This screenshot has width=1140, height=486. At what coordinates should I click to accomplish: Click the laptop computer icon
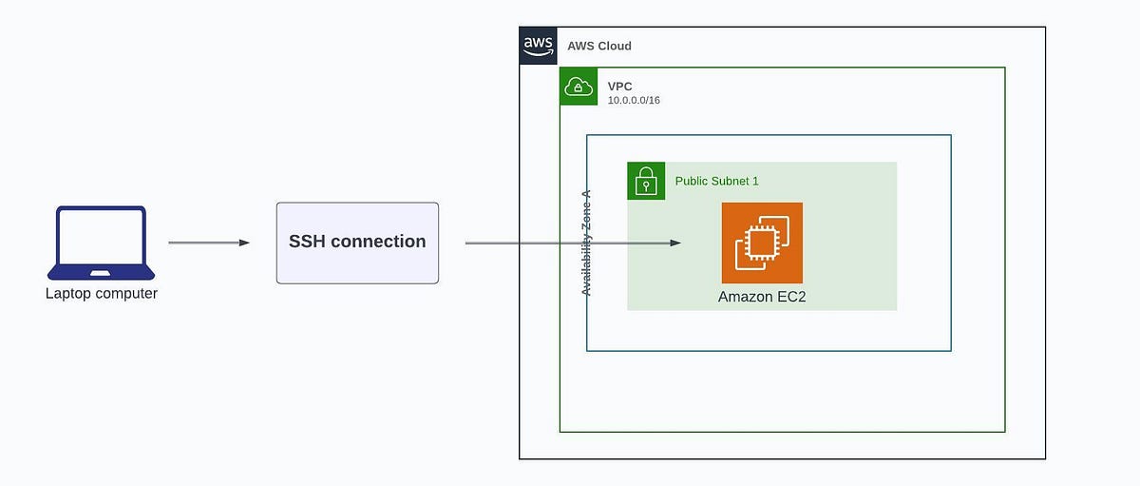tap(101, 243)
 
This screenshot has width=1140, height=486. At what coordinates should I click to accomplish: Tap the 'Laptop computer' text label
tap(102, 294)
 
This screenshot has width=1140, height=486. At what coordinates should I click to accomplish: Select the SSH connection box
tap(357, 243)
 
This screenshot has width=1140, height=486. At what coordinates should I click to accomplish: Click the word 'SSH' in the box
tap(308, 242)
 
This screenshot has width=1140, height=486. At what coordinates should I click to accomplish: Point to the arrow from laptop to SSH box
tap(208, 243)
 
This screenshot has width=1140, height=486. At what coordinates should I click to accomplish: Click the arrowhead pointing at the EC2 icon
tap(675, 243)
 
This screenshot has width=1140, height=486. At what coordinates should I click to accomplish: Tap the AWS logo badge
tap(538, 46)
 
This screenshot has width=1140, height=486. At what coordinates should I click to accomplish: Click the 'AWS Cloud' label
tap(598, 46)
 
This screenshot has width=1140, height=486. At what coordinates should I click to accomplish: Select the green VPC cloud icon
tap(579, 87)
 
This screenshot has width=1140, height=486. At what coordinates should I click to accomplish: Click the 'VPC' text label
tap(620, 87)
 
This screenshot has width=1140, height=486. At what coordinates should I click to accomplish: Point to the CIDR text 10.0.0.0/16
tap(634, 100)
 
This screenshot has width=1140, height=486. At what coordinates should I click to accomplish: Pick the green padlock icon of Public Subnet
tap(646, 181)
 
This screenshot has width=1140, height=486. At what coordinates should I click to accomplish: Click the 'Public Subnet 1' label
tap(716, 181)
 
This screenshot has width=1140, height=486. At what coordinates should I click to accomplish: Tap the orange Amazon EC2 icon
tap(762, 243)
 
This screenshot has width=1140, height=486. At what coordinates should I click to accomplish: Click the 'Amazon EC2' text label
tap(762, 297)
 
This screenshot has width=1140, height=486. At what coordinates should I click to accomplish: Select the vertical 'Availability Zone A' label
tap(586, 243)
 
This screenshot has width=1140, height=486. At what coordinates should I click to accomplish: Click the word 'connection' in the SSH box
tap(379, 242)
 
